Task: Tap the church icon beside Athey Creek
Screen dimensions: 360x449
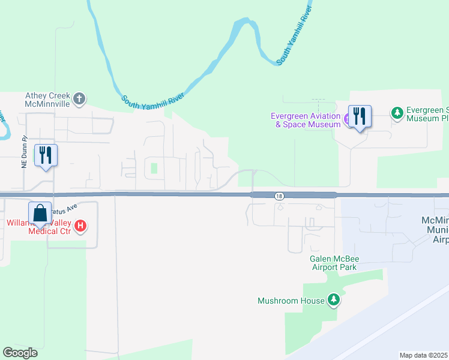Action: tap(80, 98)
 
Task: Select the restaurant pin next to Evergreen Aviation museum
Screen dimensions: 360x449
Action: tap(360, 116)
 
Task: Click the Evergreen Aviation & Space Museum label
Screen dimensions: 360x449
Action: tap(306, 120)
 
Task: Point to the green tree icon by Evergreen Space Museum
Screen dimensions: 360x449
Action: tap(397, 112)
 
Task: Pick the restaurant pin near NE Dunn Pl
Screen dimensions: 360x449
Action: tap(46, 155)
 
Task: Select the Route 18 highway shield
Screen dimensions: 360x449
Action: tap(279, 196)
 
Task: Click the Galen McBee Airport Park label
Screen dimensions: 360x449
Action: tap(333, 263)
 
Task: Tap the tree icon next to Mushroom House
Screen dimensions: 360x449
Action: tap(334, 300)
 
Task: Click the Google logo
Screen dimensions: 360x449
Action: tap(20, 352)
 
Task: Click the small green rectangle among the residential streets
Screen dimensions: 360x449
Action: tap(154, 168)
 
